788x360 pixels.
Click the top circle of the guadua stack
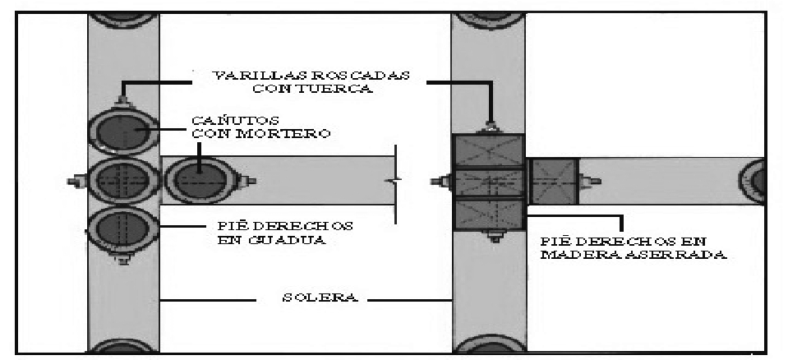pyautogui.click(x=122, y=132)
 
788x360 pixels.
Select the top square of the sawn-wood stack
pyautogui.click(x=490, y=151)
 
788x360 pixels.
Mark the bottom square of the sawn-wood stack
pyautogui.click(x=490, y=215)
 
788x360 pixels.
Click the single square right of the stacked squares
pyautogui.click(x=553, y=181)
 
